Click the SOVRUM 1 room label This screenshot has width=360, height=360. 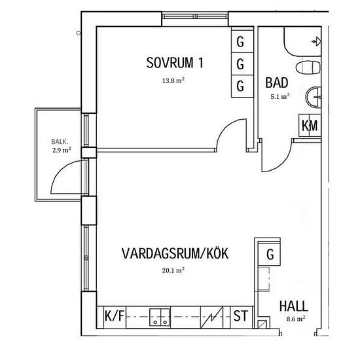175,63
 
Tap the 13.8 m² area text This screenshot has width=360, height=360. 173,81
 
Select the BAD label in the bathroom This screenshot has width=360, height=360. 277,83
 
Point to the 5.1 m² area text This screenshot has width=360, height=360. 280,96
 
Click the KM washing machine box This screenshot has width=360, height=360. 310,126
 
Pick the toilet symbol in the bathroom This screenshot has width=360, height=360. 308,68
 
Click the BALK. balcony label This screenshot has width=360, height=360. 60,141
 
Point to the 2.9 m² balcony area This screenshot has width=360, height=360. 62,151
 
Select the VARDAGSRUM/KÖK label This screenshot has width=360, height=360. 175,253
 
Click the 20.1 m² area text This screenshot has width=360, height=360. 173,270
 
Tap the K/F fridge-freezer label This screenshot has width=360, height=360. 115,315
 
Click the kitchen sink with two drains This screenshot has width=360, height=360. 160,317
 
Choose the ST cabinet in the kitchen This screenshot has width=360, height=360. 241,315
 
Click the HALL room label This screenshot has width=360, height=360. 294,306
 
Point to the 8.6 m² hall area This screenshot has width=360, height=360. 296,319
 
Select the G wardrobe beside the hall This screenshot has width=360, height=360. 269,254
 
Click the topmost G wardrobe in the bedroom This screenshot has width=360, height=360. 242,41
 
